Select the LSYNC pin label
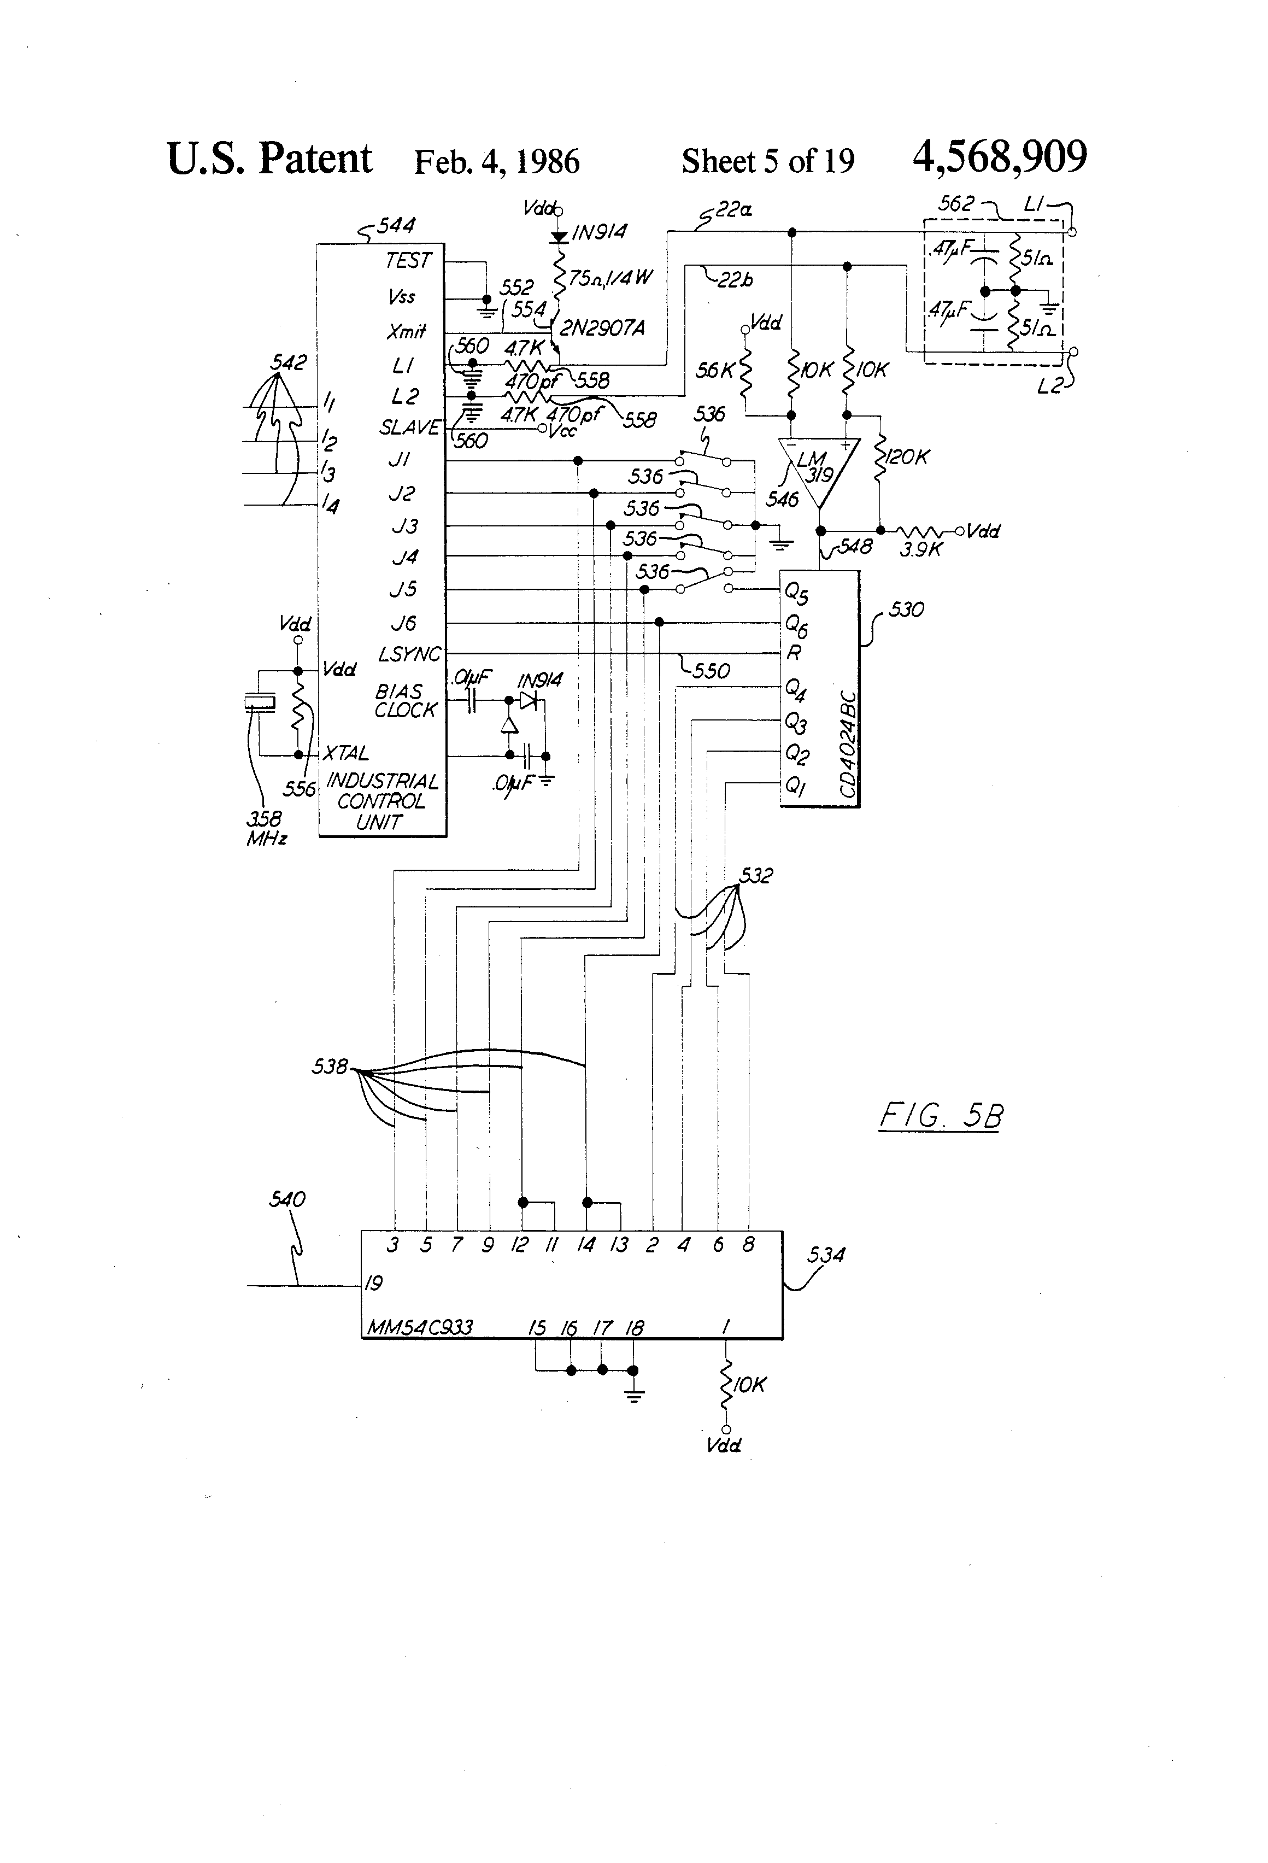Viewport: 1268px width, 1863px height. point(409,654)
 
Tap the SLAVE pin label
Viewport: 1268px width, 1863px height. point(409,428)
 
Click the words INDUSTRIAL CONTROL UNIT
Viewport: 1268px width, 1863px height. point(381,801)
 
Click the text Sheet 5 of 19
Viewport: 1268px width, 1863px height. point(767,162)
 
